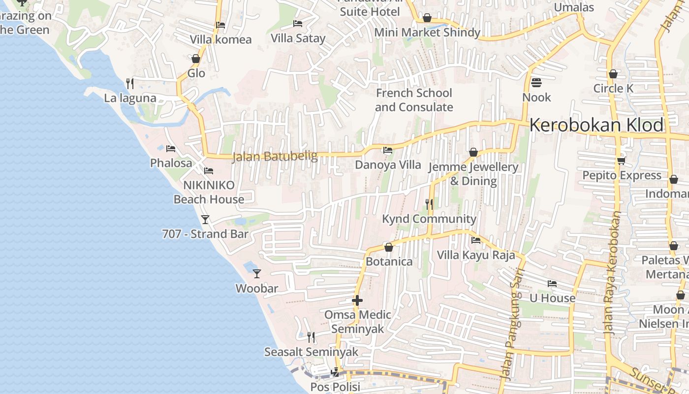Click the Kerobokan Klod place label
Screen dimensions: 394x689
point(596,125)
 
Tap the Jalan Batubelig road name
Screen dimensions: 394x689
point(275,157)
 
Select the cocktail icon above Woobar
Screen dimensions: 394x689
point(256,274)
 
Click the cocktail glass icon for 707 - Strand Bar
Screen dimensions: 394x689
point(205,220)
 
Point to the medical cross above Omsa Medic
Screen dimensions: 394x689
point(357,300)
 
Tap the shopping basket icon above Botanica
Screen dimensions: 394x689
point(389,247)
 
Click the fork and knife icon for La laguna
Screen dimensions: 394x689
point(130,83)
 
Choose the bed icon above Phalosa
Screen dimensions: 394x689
point(171,148)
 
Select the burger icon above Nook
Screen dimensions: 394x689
point(536,83)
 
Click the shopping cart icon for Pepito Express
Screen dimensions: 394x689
point(621,161)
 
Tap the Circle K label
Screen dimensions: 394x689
point(613,89)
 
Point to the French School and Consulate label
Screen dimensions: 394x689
point(414,100)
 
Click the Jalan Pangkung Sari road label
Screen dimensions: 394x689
point(512,325)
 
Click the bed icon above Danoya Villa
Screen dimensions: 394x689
point(388,150)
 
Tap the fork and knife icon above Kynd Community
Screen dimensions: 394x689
point(429,204)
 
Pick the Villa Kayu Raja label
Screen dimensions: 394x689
point(476,255)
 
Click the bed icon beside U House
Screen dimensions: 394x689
point(552,284)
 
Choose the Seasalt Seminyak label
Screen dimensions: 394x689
point(311,352)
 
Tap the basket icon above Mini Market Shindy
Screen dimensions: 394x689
point(427,18)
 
